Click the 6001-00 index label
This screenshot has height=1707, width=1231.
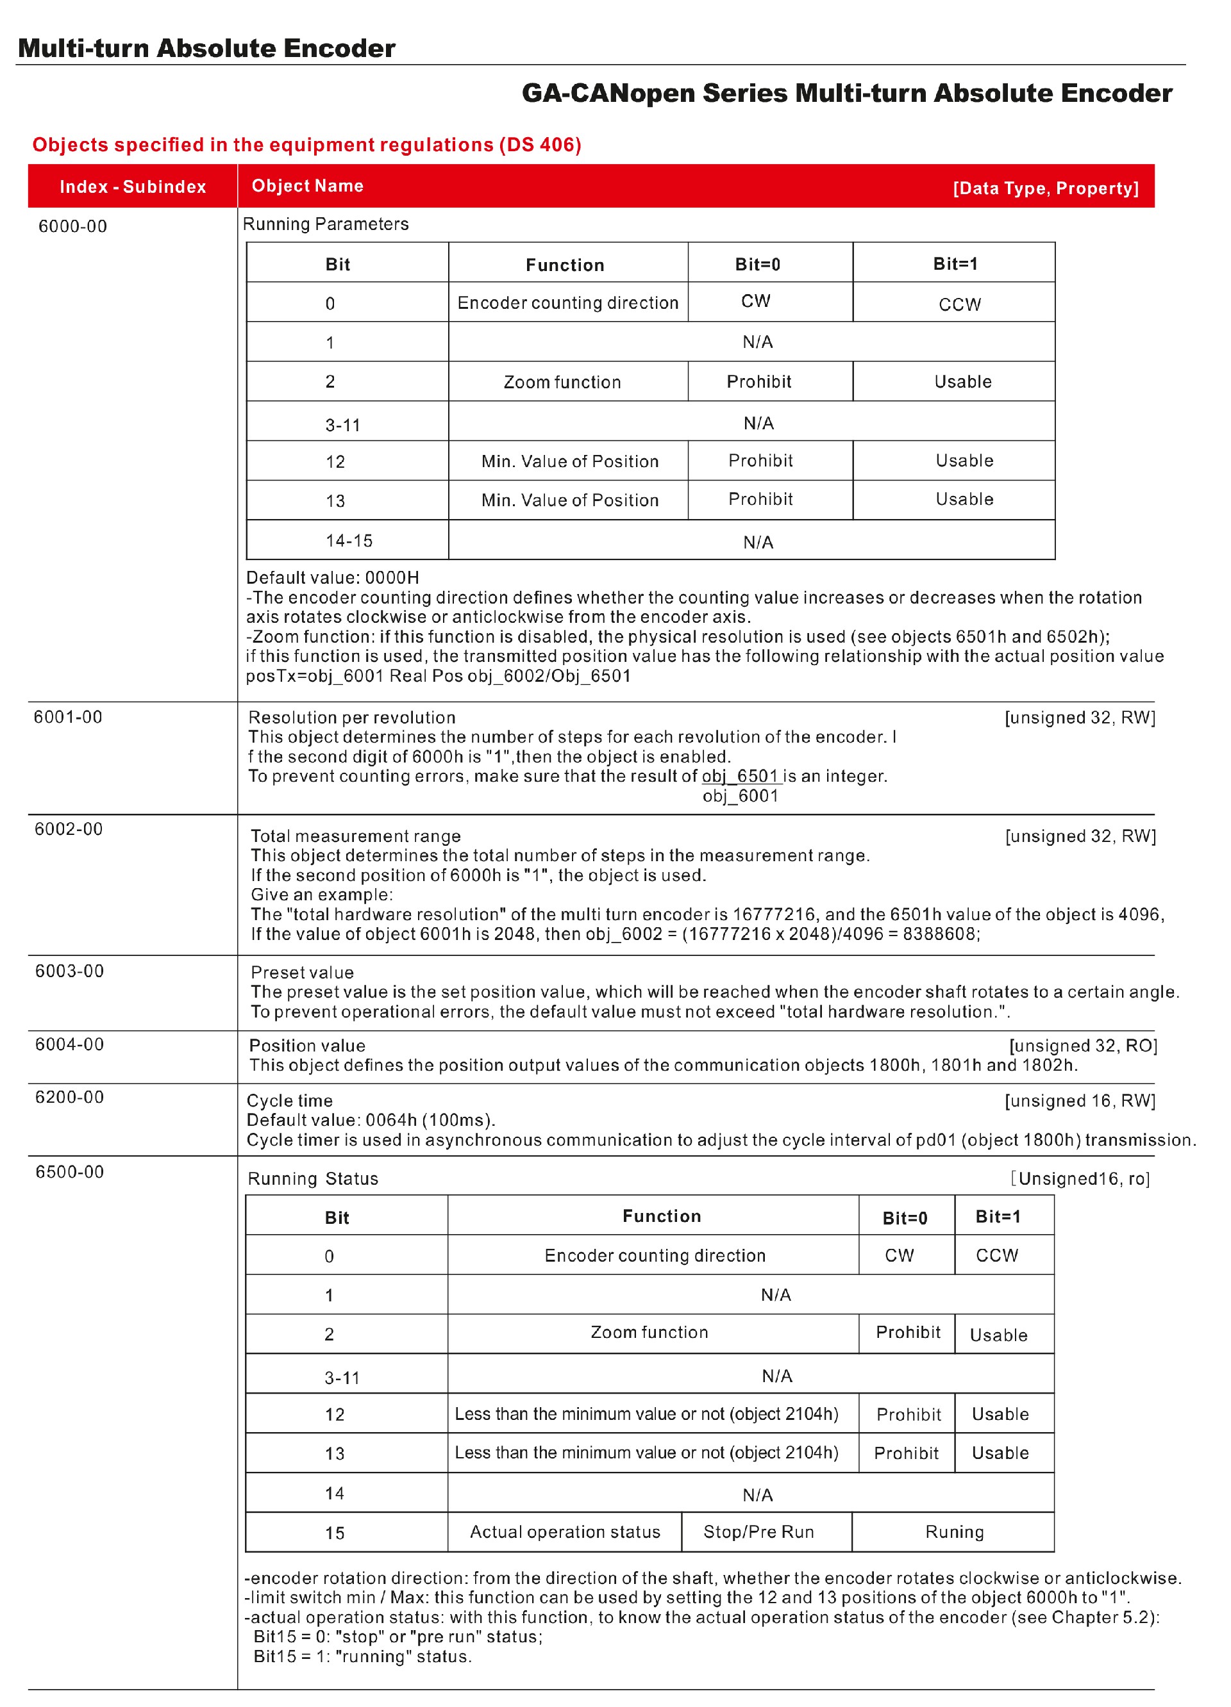(x=68, y=716)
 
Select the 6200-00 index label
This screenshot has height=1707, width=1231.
(x=69, y=1096)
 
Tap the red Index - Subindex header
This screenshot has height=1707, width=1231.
(x=133, y=186)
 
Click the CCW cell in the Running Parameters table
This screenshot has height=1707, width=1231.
(x=959, y=304)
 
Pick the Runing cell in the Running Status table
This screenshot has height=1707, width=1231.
(x=954, y=1531)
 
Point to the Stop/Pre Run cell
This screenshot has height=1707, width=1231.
(x=758, y=1531)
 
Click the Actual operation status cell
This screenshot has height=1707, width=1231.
(x=565, y=1531)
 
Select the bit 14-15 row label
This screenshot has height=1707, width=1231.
(x=349, y=540)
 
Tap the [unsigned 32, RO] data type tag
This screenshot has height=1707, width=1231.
(x=1083, y=1046)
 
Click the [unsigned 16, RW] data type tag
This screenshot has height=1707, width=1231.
(x=1080, y=1100)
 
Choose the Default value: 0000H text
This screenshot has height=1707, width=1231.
(x=332, y=577)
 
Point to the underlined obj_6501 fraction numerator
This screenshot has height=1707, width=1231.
(x=739, y=776)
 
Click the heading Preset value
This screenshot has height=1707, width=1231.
(x=302, y=973)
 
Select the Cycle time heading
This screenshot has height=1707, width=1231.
(x=290, y=1100)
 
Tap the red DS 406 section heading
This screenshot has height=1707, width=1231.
(x=306, y=145)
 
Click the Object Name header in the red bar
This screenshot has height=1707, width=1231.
(x=307, y=186)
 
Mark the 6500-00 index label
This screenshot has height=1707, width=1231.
(x=69, y=1172)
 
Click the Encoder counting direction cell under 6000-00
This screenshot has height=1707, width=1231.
(x=567, y=302)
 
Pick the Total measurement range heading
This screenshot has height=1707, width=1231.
(x=355, y=836)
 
